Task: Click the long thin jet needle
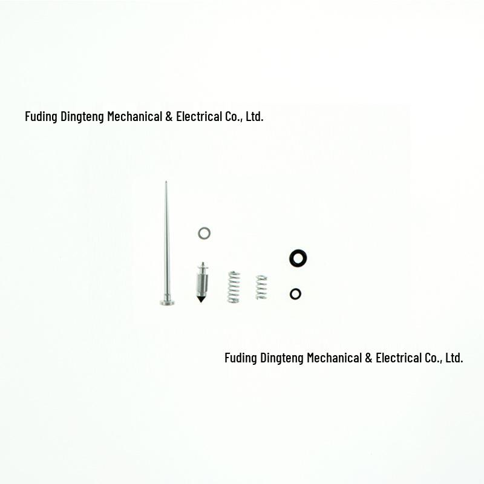167,244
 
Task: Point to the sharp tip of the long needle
166,182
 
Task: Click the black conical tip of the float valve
201,299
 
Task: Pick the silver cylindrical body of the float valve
202,284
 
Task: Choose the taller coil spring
234,287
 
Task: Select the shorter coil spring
261,287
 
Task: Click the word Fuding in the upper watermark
41,117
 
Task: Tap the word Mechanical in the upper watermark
134,116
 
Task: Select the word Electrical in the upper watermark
199,116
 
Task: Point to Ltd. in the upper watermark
255,116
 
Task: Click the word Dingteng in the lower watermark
282,358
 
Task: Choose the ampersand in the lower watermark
368,358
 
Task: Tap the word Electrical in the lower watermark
399,358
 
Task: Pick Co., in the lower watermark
434,358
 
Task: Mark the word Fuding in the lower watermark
241,358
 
